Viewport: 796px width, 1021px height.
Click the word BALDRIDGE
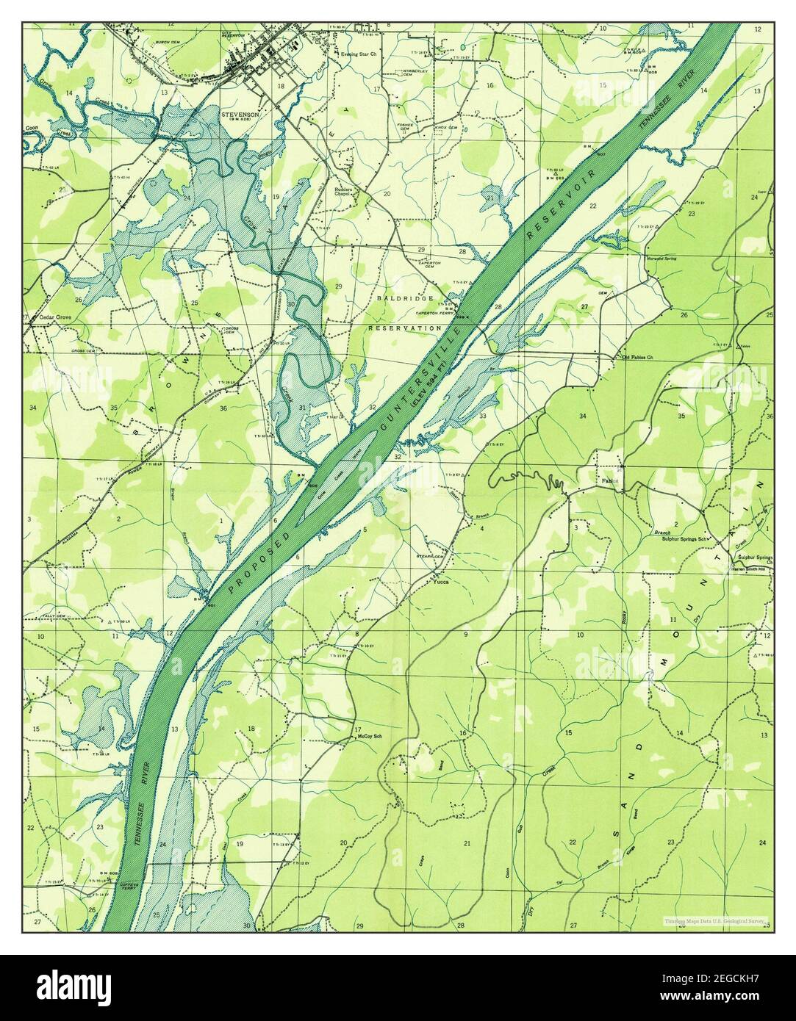pyautogui.click(x=402, y=300)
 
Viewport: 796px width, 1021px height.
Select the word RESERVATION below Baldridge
pyautogui.click(x=405, y=328)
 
